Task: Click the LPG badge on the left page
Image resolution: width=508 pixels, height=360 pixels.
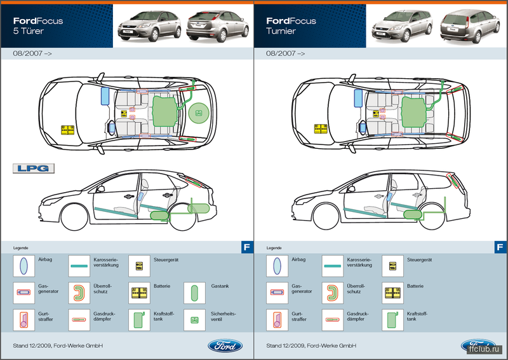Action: click(34, 168)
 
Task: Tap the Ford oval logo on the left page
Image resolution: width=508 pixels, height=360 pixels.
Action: click(225, 346)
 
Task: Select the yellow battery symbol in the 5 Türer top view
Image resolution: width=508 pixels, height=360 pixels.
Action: click(67, 130)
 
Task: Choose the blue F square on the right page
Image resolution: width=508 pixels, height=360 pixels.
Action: click(500, 247)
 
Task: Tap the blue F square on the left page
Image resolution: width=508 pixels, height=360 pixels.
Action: click(246, 247)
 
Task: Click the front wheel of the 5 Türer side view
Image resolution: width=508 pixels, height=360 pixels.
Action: click(76, 217)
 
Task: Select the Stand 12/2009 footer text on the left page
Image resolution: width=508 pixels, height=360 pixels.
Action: click(58, 345)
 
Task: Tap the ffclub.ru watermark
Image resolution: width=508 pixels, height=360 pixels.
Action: click(485, 349)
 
